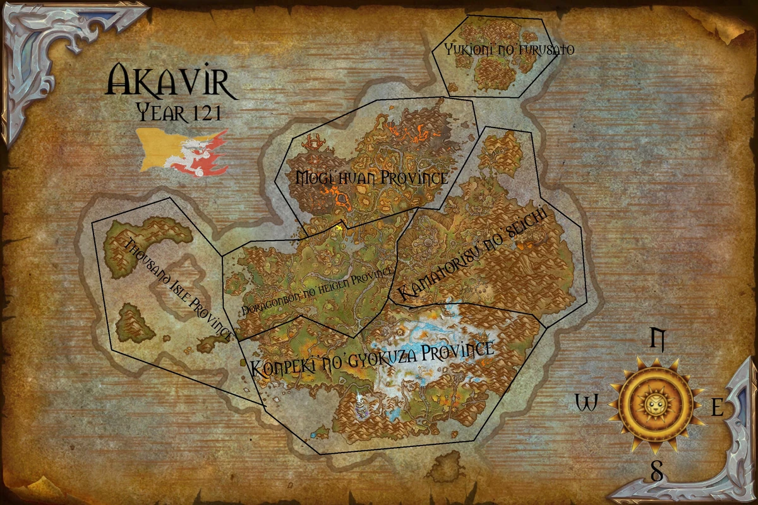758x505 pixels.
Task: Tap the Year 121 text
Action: click(x=179, y=114)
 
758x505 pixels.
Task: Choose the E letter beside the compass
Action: click(x=717, y=408)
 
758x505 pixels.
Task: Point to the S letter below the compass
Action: click(x=657, y=472)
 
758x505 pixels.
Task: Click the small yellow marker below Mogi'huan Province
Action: click(x=340, y=226)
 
